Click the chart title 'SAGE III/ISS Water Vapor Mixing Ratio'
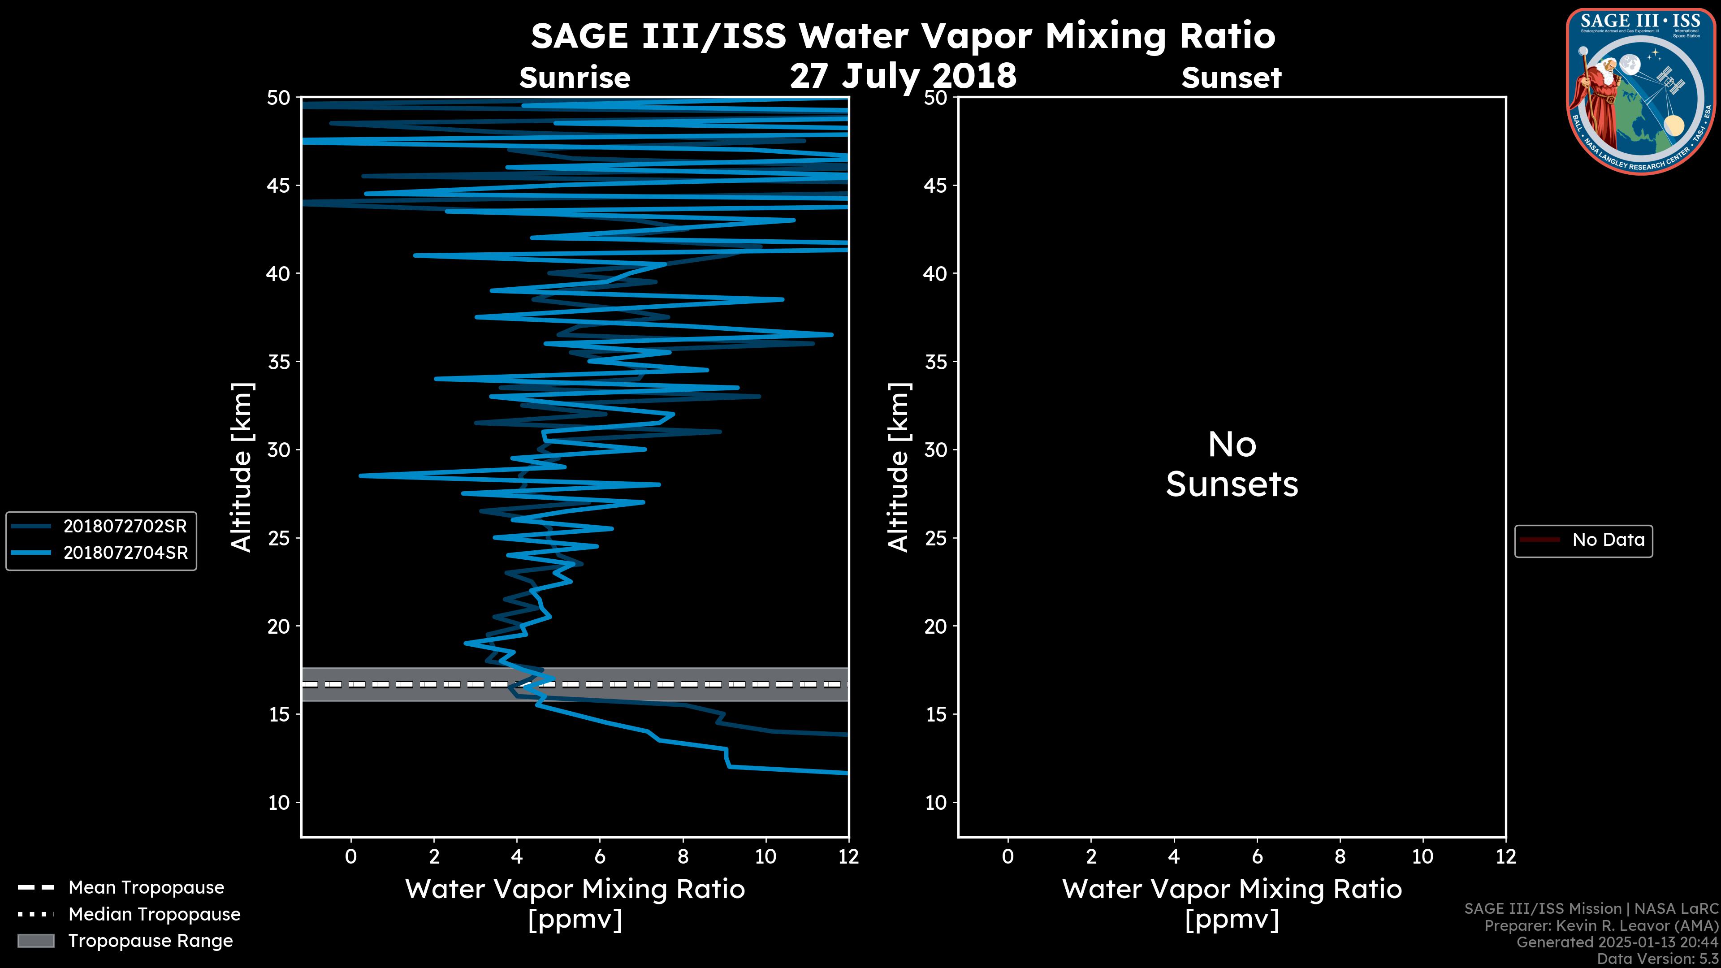(903, 36)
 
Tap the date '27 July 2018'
(903, 76)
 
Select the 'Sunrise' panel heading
(575, 78)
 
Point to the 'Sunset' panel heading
(1231, 78)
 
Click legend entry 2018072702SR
(124, 527)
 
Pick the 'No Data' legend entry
(1608, 540)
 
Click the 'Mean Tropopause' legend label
(146, 887)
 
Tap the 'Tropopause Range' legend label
(150, 941)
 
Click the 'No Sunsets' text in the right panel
(1231, 465)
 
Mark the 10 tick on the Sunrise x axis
(765, 856)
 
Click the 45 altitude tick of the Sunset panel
(935, 186)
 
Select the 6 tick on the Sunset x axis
(1257, 856)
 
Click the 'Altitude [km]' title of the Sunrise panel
(242, 467)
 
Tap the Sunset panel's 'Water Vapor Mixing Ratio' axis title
(1231, 889)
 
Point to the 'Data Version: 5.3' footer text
(1657, 959)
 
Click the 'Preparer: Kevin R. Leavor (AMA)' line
(1601, 926)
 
